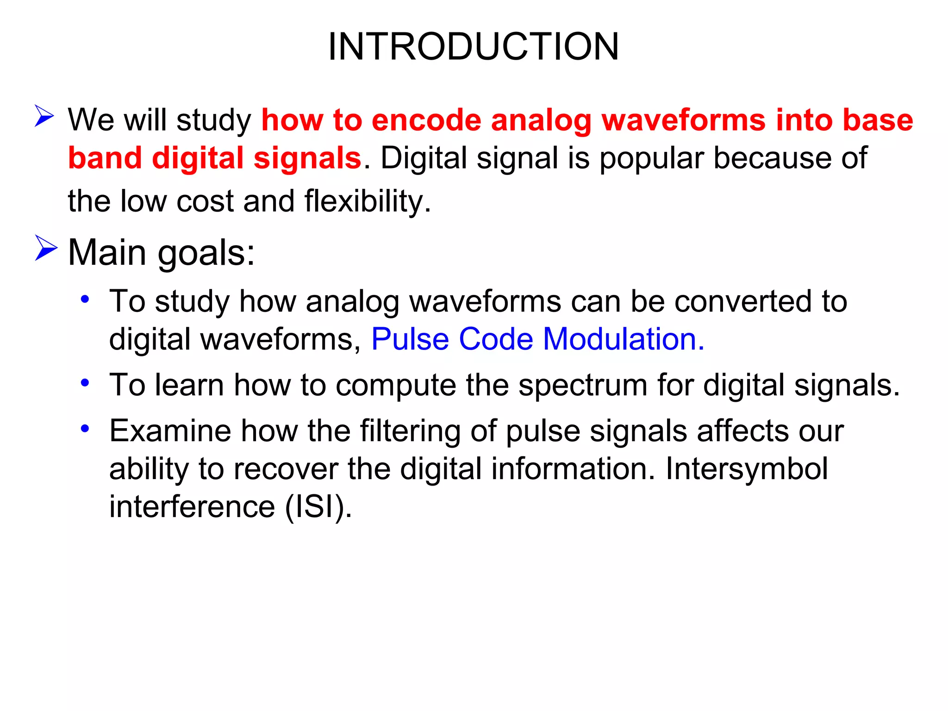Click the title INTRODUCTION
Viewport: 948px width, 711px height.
pos(473,46)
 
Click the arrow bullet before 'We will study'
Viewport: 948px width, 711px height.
pos(44,116)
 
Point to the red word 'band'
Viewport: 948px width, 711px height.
pos(105,158)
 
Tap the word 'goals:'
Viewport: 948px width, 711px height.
pos(206,254)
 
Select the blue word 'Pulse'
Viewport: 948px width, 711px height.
pos(410,339)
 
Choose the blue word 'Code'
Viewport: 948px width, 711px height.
pos(496,339)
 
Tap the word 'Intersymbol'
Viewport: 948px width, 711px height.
pos(746,469)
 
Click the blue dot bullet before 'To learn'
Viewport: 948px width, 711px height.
pos(85,383)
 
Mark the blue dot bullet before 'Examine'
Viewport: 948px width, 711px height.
pos(85,429)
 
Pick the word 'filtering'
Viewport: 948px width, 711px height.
pos(410,432)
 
